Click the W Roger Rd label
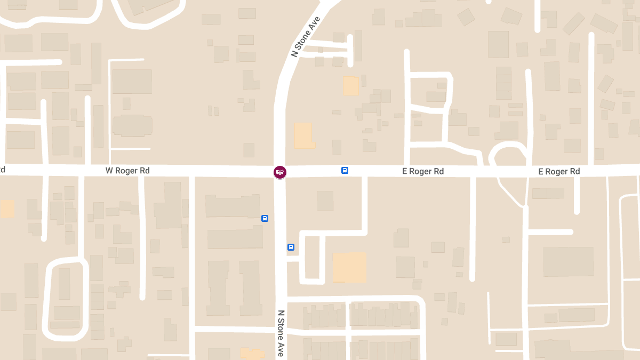click(x=127, y=171)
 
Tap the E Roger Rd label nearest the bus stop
click(x=423, y=171)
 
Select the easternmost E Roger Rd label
click(x=559, y=171)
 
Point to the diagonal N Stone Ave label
click(x=305, y=37)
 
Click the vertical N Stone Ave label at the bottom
click(x=281, y=333)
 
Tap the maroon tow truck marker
click(x=279, y=172)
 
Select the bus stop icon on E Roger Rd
click(x=345, y=171)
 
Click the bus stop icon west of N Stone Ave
click(x=265, y=218)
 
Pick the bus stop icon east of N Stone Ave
click(x=291, y=247)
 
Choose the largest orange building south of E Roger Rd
click(x=349, y=267)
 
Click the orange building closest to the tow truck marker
click(x=303, y=135)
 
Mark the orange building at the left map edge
click(x=7, y=209)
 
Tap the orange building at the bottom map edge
click(x=252, y=354)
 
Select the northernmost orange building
click(x=351, y=86)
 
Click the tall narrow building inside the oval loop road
click(x=64, y=284)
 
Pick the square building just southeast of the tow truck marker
click(x=325, y=201)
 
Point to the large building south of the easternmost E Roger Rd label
click(x=568, y=261)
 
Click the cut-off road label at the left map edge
click(x=2, y=170)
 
